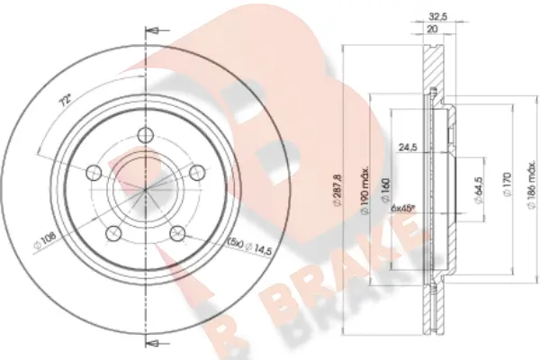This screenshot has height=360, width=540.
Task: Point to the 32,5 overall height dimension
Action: pos(438,15)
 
